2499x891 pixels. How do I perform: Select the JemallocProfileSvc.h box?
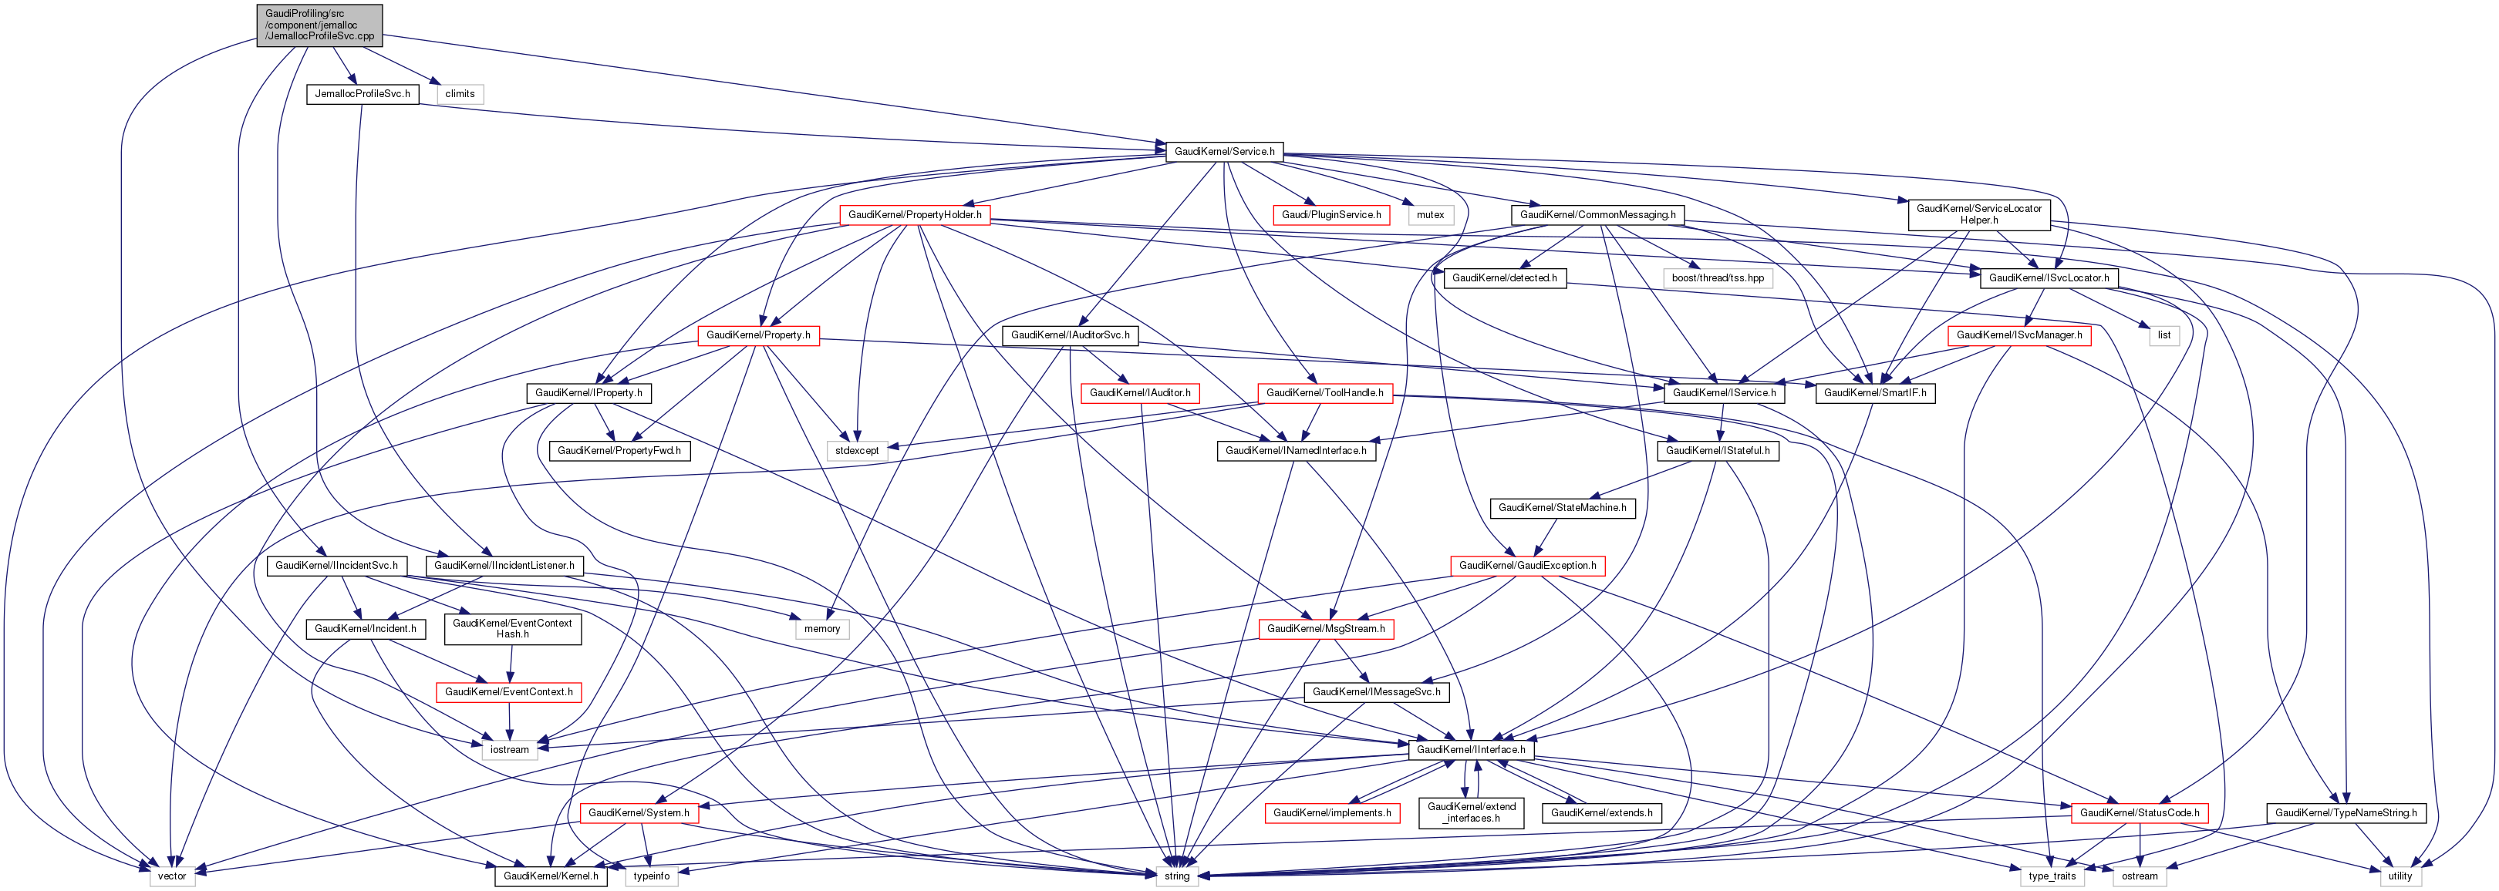(362, 94)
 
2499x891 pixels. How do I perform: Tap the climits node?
(460, 94)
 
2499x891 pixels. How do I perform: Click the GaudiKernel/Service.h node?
(1224, 151)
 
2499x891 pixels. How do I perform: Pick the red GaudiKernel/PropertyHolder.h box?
(914, 215)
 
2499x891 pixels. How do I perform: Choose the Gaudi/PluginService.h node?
(1331, 215)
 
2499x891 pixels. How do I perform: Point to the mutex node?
(1430, 215)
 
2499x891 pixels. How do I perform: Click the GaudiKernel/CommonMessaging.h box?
(1597, 215)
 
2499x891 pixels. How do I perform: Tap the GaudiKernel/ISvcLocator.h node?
(2048, 278)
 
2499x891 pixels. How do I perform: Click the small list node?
(2164, 335)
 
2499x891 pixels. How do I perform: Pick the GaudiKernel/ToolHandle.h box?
(1324, 392)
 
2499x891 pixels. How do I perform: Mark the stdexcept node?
(857, 451)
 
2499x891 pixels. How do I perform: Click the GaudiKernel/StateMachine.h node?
(1562, 508)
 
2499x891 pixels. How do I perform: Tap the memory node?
(821, 629)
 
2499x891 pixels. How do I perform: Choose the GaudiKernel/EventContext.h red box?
(508, 692)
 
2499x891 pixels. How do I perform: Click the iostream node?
(509, 749)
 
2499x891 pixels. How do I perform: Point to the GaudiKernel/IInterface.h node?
(1471, 749)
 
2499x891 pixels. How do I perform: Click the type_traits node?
(2052, 876)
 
